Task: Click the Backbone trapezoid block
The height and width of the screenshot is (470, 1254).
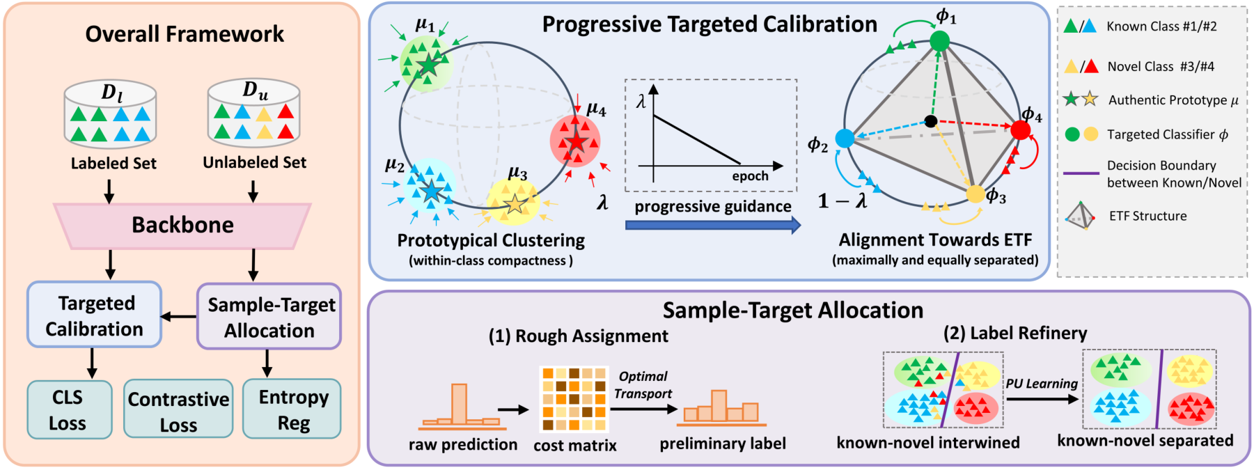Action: (x=182, y=226)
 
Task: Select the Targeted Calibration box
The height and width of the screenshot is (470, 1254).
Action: (x=95, y=315)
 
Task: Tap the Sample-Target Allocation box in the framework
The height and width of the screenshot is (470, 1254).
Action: (x=270, y=317)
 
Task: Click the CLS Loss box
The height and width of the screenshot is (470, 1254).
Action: (x=68, y=410)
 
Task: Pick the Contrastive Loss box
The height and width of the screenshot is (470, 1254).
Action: (x=178, y=410)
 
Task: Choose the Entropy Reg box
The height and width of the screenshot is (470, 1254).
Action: (x=292, y=409)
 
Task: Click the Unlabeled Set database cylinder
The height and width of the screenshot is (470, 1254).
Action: (x=254, y=113)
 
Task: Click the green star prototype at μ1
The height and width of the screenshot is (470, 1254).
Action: (x=428, y=65)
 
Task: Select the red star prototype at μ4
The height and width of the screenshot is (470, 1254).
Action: (x=577, y=142)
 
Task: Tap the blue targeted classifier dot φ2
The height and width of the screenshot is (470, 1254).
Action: (x=845, y=138)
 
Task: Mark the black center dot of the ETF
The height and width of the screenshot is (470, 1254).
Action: (x=931, y=121)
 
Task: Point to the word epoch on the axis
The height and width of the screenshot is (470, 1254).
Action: (x=750, y=176)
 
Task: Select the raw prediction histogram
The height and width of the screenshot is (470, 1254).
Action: (x=461, y=407)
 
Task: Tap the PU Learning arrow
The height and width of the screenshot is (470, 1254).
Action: (x=1042, y=399)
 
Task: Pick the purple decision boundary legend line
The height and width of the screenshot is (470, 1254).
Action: (x=1081, y=173)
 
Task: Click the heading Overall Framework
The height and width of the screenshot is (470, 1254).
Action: (x=185, y=34)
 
